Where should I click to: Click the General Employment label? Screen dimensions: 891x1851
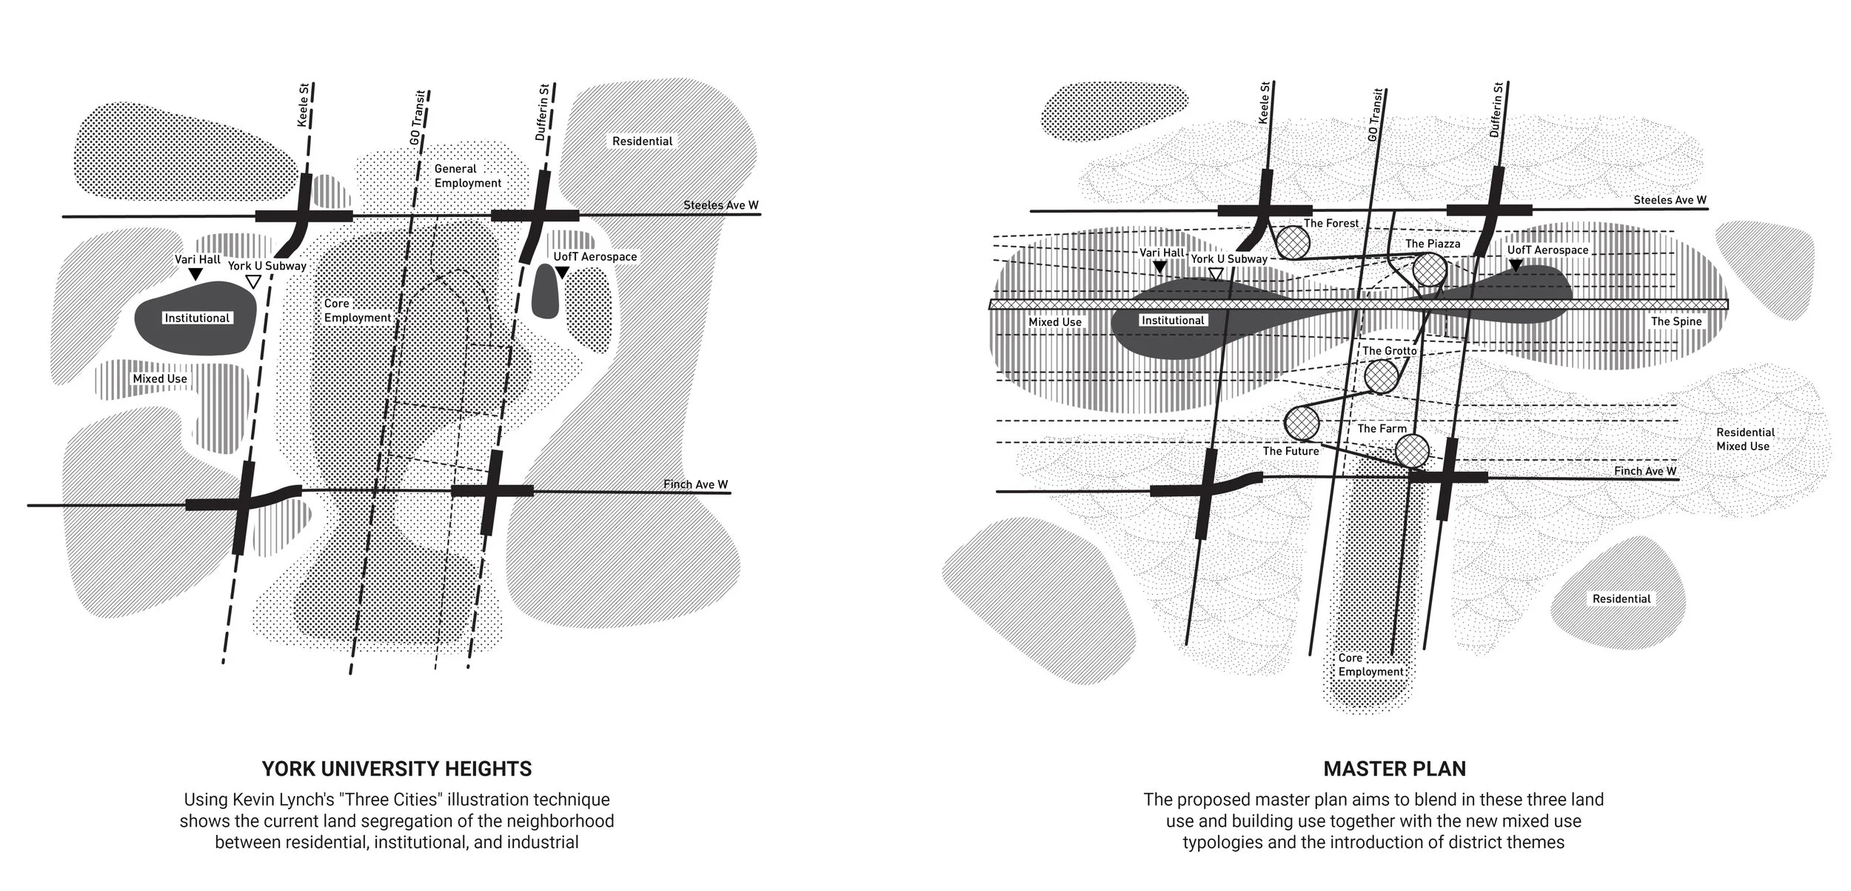tap(467, 176)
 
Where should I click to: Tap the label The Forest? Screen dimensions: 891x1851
tap(1331, 223)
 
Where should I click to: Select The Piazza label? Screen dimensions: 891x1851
tap(1433, 244)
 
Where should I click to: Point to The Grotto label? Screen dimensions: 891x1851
tap(1390, 350)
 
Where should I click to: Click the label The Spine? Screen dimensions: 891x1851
tap(1676, 321)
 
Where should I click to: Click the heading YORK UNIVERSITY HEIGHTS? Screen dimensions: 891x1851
tap(397, 769)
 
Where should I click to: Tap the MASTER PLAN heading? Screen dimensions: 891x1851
tap(1394, 769)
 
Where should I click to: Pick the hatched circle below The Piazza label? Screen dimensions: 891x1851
tap(1429, 270)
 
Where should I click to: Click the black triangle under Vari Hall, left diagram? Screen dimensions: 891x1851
tap(195, 275)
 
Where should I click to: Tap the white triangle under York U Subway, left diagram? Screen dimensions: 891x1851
tap(253, 281)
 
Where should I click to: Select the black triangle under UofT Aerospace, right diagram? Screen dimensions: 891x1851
tap(1516, 265)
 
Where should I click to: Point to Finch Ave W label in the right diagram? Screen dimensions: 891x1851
tap(1645, 471)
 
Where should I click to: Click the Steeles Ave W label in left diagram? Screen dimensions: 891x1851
tap(720, 205)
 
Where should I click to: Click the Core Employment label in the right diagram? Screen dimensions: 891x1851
tap(1370, 664)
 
